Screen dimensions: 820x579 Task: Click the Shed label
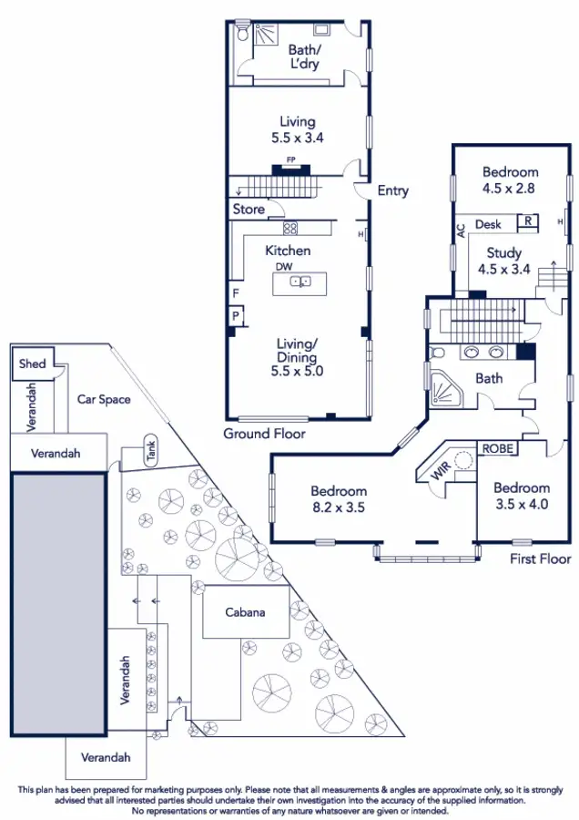(x=32, y=364)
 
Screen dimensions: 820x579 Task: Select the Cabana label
(x=245, y=611)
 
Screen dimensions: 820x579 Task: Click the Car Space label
(x=103, y=399)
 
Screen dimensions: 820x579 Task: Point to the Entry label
(x=393, y=190)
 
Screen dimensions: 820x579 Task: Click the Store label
(x=248, y=210)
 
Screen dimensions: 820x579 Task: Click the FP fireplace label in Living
(x=291, y=160)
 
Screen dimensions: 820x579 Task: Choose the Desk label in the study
(x=488, y=224)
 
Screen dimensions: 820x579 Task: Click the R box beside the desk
(x=525, y=220)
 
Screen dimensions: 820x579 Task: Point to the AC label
(x=461, y=231)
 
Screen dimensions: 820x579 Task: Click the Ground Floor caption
(x=264, y=434)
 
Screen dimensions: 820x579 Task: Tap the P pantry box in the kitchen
(x=235, y=316)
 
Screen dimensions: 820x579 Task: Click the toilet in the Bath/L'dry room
(x=241, y=33)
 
